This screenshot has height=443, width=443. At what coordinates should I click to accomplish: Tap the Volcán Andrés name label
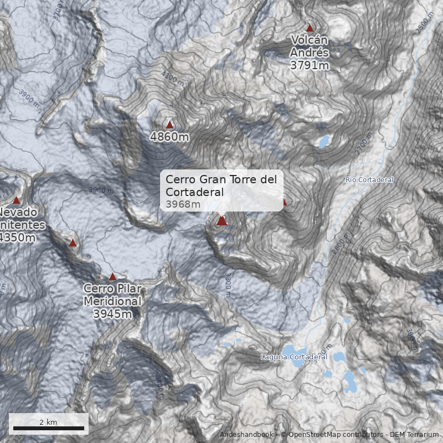[310, 47]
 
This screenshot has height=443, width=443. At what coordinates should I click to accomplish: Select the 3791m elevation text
[310, 65]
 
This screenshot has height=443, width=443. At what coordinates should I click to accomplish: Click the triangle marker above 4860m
[169, 125]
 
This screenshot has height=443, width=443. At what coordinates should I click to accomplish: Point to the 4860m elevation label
[169, 136]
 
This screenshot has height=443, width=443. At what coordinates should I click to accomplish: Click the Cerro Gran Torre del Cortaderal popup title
[221, 186]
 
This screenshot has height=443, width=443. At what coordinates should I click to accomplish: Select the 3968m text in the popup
[183, 204]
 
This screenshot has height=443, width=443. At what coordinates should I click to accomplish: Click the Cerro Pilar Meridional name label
[112, 295]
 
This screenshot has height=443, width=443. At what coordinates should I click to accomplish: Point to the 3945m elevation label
[112, 315]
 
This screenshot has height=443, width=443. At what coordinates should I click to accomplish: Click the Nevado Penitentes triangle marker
[16, 200]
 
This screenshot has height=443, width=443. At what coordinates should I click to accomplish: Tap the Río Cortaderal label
[369, 180]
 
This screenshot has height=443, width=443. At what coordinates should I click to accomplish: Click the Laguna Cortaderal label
[294, 357]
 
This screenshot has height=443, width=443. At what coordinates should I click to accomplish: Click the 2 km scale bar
[49, 428]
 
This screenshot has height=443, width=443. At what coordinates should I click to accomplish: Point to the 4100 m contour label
[172, 78]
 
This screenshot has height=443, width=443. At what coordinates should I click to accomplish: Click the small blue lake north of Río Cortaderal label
[323, 142]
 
